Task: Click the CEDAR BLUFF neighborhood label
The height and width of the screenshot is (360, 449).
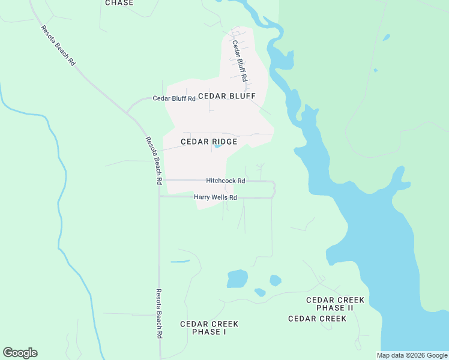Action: tap(226, 96)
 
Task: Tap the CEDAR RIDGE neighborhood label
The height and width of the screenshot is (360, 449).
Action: tap(209, 142)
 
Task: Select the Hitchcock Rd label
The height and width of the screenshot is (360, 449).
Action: tap(226, 180)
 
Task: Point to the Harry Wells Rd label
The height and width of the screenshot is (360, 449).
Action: tap(215, 197)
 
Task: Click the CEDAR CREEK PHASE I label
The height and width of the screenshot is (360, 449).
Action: tap(209, 328)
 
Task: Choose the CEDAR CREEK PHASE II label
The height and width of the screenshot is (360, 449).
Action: tap(335, 304)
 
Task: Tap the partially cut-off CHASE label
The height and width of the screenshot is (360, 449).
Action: tap(119, 3)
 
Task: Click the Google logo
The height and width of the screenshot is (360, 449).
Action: tap(20, 353)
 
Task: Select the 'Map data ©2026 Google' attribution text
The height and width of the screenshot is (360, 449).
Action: tap(412, 355)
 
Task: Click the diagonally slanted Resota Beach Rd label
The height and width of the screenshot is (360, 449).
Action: tap(58, 46)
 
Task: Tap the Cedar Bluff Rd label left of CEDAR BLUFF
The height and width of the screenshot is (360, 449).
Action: tap(174, 98)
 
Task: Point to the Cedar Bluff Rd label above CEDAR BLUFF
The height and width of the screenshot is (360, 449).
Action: tap(240, 60)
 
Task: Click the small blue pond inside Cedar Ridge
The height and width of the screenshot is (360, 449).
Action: tap(217, 146)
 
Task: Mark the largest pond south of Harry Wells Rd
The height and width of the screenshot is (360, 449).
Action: tap(237, 278)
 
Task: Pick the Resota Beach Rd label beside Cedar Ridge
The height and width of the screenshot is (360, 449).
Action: tap(154, 160)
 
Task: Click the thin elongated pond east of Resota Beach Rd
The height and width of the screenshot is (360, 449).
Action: tap(180, 262)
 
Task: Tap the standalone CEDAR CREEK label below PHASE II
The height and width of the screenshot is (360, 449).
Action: tap(317, 319)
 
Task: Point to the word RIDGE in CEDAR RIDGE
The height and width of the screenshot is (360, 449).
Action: tap(223, 142)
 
